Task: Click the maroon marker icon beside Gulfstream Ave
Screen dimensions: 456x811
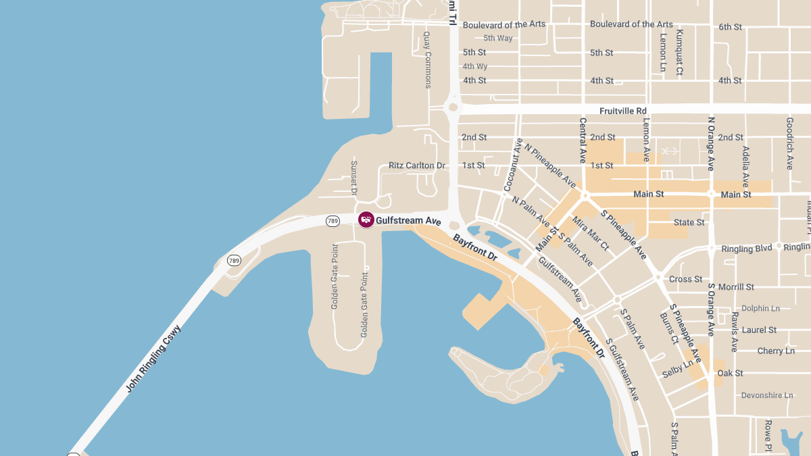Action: tap(366, 220)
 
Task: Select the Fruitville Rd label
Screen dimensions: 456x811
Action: tap(622, 111)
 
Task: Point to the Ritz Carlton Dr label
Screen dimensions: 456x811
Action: tap(417, 166)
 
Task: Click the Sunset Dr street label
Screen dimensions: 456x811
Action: tap(353, 178)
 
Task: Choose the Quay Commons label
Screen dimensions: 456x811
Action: tap(427, 60)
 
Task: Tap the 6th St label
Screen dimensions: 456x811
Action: tap(730, 27)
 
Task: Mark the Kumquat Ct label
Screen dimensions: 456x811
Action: tap(679, 52)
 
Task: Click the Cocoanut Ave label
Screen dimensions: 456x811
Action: tap(513, 164)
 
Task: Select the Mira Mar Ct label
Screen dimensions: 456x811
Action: tap(591, 233)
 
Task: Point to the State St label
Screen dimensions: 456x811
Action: tap(689, 222)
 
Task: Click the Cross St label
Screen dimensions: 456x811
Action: tap(685, 279)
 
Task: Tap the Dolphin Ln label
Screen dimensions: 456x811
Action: tap(760, 308)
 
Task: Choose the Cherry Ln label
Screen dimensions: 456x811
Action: tap(776, 351)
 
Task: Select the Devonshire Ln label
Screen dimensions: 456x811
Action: tap(767, 395)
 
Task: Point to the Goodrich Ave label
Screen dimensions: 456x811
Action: tap(789, 143)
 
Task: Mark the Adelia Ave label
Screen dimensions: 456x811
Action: tap(746, 166)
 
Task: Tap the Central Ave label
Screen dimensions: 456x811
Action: tap(583, 140)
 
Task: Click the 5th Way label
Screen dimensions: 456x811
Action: tap(497, 38)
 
